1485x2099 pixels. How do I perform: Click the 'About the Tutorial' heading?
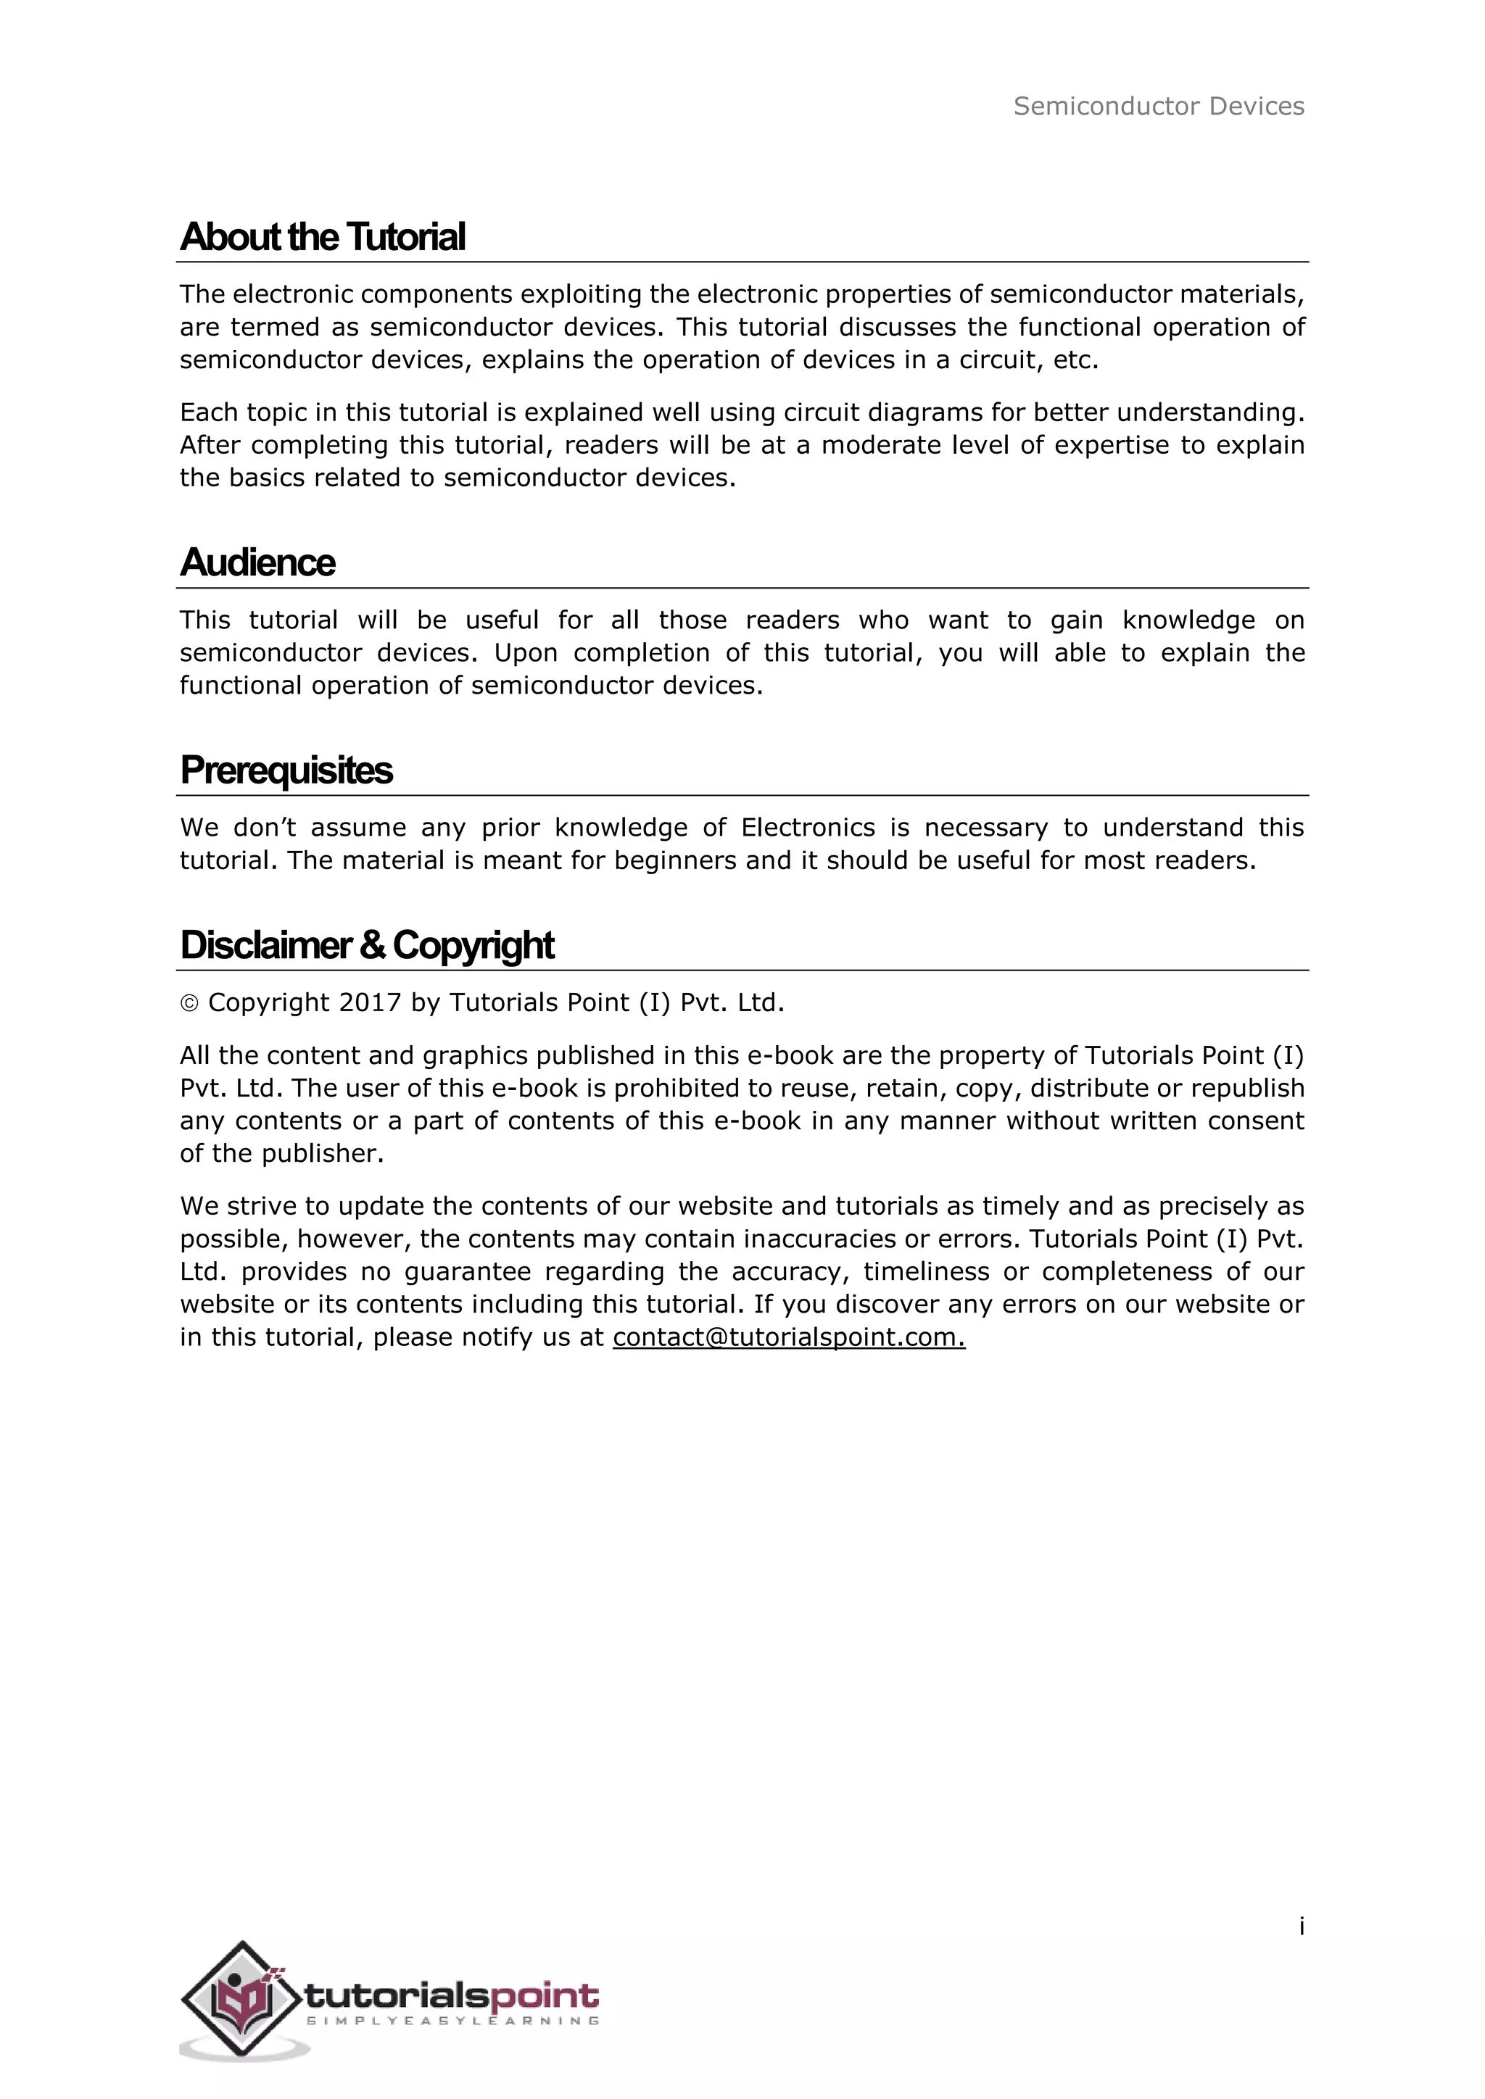(x=323, y=237)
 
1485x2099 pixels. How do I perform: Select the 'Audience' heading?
(x=258, y=562)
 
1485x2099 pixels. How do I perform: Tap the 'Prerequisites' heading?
(x=286, y=770)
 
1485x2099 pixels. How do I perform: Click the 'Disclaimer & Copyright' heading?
(x=367, y=944)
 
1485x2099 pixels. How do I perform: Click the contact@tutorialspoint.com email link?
(x=788, y=1337)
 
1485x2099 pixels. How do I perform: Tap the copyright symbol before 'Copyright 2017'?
(x=189, y=1004)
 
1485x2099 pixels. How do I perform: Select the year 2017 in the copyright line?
(x=369, y=1003)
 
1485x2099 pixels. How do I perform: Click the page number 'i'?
(x=1302, y=1926)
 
